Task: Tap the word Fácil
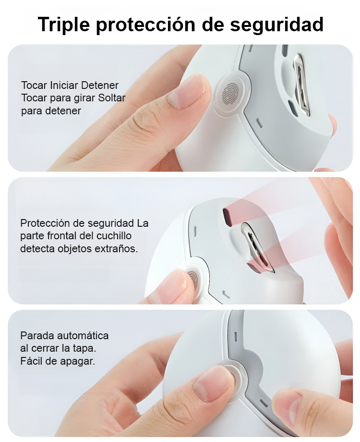[x=32, y=360]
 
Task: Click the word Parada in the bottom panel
[x=34, y=335]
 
